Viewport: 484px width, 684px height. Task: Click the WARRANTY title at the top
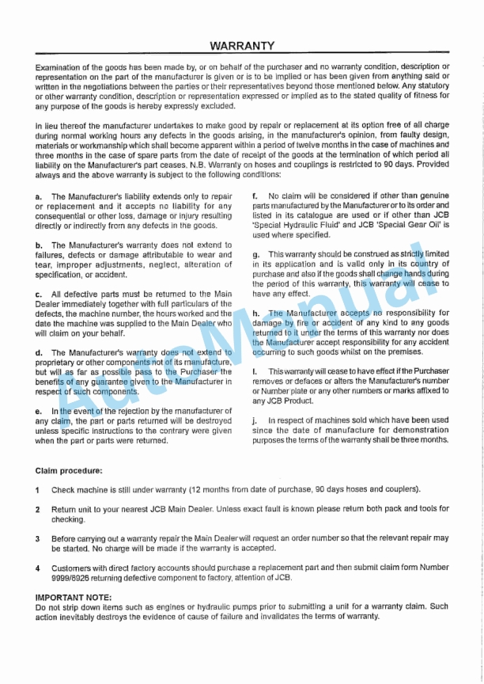[x=242, y=46]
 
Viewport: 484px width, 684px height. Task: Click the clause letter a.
[x=38, y=196]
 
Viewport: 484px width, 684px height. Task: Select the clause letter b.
[x=38, y=246]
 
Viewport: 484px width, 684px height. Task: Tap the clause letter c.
[x=38, y=294]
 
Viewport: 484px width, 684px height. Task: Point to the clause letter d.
[x=38, y=352]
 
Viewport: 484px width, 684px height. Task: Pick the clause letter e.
[x=38, y=412]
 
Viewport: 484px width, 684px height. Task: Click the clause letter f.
[x=254, y=196]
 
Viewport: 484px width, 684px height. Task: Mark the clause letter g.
[x=255, y=255]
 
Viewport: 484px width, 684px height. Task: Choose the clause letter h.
[x=255, y=313]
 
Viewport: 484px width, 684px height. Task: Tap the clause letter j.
[x=255, y=420]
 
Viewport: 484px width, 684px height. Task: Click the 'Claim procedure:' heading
[x=68, y=472]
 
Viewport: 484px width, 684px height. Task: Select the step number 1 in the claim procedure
[x=38, y=490]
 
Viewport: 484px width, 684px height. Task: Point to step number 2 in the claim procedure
[x=38, y=510]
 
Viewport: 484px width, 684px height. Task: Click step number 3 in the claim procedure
[x=38, y=538]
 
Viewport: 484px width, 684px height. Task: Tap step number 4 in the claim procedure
[x=38, y=568]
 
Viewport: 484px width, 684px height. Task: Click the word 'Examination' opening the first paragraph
[x=57, y=67]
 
